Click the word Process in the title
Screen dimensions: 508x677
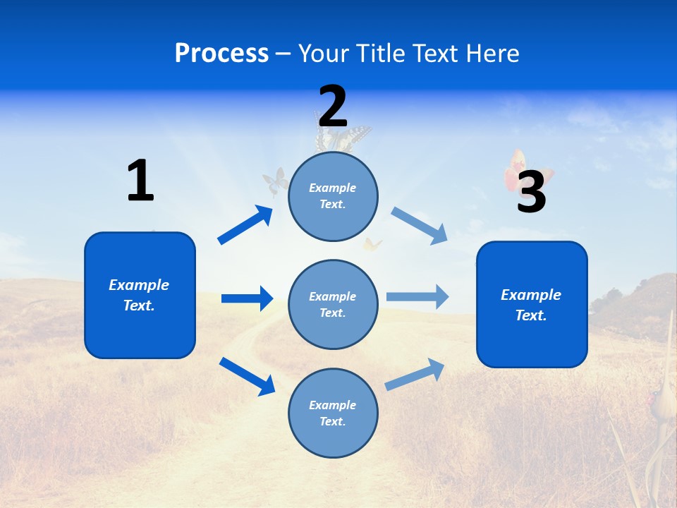coord(221,54)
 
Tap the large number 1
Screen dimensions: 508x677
coord(140,181)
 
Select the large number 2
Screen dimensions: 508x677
coord(333,106)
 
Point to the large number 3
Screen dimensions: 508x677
coord(531,192)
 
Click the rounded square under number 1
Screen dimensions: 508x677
coord(140,295)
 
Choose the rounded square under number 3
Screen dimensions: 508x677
coord(532,304)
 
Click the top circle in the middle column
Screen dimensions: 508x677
coord(333,196)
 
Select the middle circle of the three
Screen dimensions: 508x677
coord(333,304)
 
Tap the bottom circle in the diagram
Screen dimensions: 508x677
coord(333,413)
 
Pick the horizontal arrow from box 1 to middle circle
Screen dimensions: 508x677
coord(247,298)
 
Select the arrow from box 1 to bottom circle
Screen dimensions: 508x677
coord(247,376)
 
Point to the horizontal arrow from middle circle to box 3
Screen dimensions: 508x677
coord(417,296)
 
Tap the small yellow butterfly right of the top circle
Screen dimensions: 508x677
coord(372,245)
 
